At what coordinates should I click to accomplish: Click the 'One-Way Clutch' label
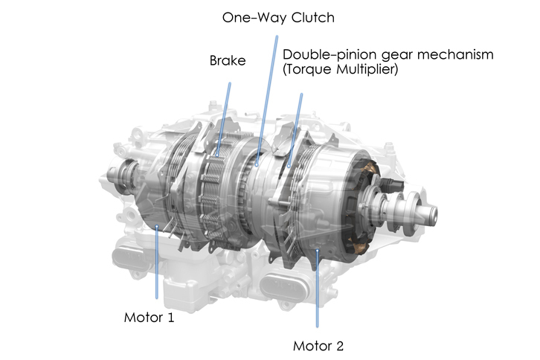pyautogui.click(x=278, y=18)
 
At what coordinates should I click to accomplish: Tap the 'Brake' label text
pyautogui.click(x=228, y=61)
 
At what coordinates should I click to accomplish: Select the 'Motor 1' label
pyautogui.click(x=149, y=318)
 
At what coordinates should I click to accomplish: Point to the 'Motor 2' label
pyautogui.click(x=318, y=346)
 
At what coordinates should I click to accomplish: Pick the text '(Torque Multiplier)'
pyautogui.click(x=340, y=69)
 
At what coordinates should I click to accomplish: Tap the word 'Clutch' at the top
pyautogui.click(x=313, y=18)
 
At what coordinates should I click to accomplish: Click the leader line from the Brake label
pyautogui.click(x=224, y=119)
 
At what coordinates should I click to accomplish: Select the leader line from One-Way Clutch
pyautogui.click(x=267, y=100)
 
